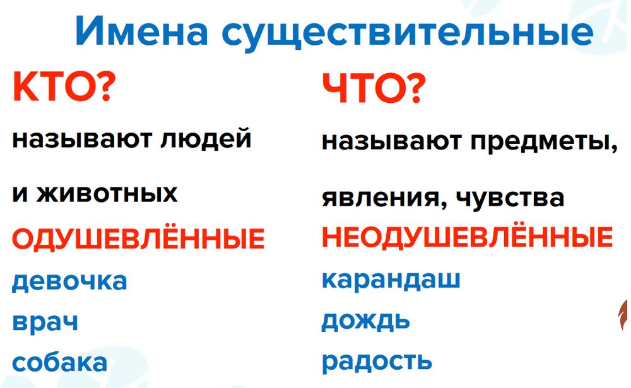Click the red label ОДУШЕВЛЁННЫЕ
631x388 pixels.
pyautogui.click(x=138, y=239)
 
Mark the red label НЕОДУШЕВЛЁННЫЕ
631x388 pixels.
pyautogui.click(x=467, y=238)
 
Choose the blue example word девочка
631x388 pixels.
pyautogui.click(x=69, y=281)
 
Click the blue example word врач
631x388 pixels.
pyautogui.click(x=45, y=322)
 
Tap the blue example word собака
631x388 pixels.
pyautogui.click(x=60, y=363)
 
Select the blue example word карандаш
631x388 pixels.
pyautogui.click(x=391, y=279)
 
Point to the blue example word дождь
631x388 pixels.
pyautogui.click(x=366, y=321)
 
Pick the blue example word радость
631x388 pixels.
pyautogui.click(x=377, y=362)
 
